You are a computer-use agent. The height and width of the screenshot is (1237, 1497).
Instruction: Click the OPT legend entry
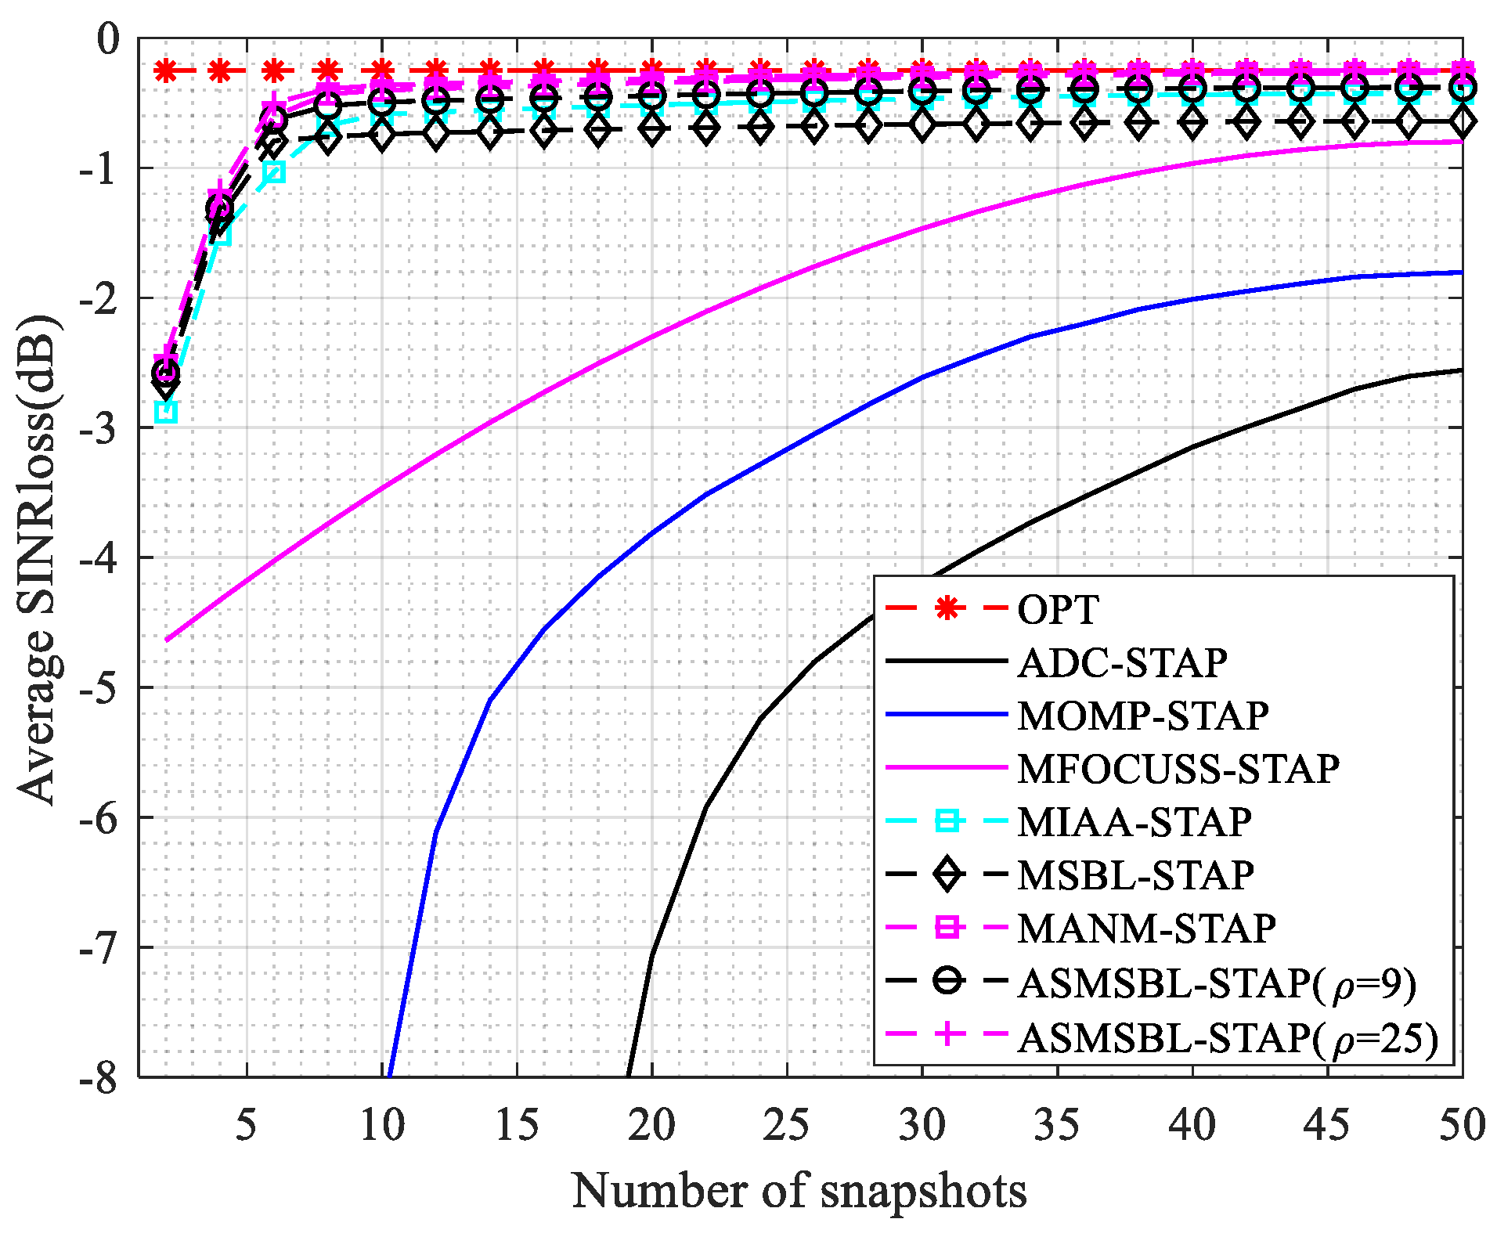click(1058, 609)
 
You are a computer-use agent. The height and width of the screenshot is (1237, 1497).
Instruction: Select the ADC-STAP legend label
click(1122, 662)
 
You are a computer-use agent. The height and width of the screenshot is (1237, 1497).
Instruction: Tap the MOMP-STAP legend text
click(1142, 716)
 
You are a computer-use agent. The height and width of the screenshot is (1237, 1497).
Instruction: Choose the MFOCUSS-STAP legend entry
click(1178, 769)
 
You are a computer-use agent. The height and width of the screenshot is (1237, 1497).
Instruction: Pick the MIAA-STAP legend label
click(1134, 822)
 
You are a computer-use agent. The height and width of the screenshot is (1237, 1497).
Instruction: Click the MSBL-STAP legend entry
click(1135, 875)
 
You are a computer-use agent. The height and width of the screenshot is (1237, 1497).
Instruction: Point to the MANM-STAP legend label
click(1146, 929)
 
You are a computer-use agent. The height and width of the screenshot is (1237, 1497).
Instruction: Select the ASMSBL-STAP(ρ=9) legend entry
click(1217, 982)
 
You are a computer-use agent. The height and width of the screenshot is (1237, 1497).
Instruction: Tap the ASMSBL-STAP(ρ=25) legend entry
click(1228, 1037)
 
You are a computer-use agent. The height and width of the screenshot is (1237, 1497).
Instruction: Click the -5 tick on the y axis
click(100, 687)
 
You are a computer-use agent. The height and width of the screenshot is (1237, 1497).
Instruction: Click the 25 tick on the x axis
click(786, 1125)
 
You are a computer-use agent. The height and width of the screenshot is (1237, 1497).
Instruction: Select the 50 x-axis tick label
click(1461, 1125)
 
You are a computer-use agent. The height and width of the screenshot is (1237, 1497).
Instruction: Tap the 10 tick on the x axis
click(382, 1125)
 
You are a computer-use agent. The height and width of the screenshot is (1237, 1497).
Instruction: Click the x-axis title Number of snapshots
click(799, 1191)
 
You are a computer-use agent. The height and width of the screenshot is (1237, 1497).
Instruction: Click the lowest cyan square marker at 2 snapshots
click(166, 412)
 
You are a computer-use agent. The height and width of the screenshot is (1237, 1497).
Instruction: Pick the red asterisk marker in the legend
click(947, 608)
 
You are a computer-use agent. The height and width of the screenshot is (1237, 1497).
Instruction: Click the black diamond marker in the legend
click(947, 874)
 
